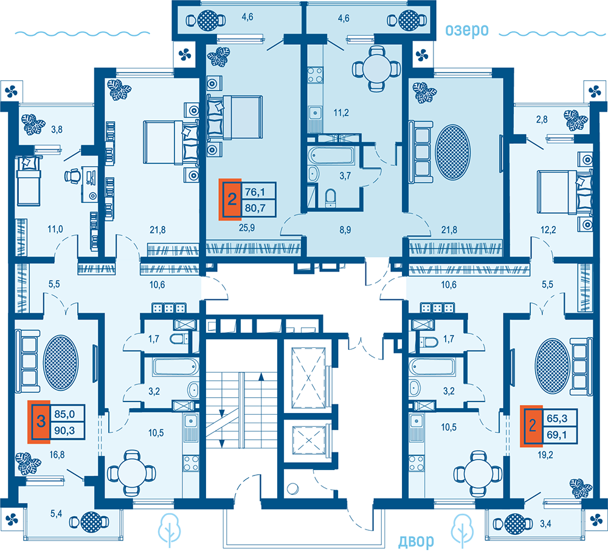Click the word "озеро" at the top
pos(466,31)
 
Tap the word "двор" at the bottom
pos(416,540)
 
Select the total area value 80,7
pos(255,208)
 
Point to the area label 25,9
pos(247,228)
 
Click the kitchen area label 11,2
pos(341,113)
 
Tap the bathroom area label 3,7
pos(345,176)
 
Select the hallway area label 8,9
pos(345,230)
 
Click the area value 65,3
pos(557,418)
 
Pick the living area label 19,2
pos(545,455)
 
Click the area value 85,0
pos(64,414)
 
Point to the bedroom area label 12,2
pos(548,230)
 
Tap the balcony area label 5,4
pos(56,514)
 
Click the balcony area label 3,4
pos(545,523)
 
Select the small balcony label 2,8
pos(542,119)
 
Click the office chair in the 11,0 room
pos(72,176)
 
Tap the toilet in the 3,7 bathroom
pos(330,196)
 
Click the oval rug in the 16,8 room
pos(60,363)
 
